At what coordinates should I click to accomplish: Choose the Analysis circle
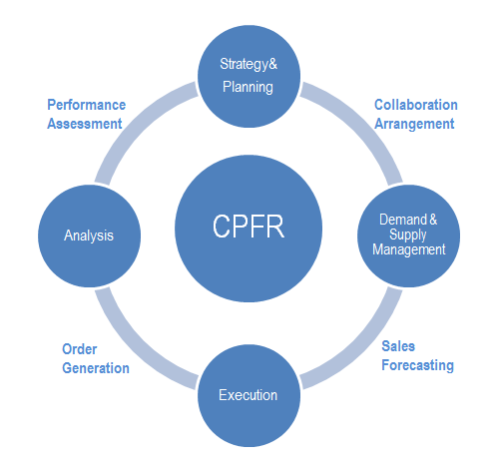[89, 235]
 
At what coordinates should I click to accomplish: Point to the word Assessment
[85, 124]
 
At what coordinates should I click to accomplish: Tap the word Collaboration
[415, 105]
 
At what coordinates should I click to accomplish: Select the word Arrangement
[414, 124]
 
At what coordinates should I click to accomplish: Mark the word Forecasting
[417, 365]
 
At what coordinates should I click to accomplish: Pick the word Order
[79, 348]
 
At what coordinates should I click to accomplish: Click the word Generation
[96, 367]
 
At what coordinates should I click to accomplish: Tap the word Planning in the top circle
[248, 87]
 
